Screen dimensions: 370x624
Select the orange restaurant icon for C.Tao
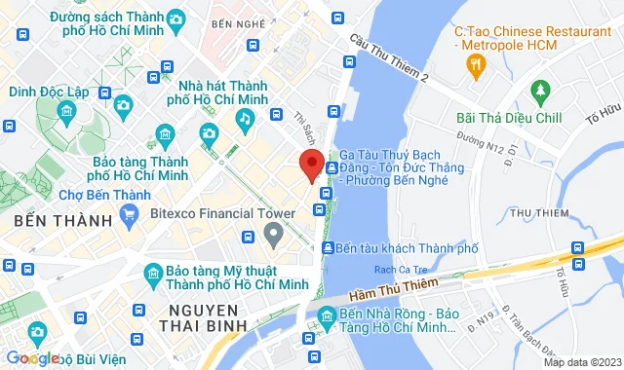pyautogui.click(x=476, y=66)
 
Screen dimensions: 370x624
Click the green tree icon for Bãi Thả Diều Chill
pyautogui.click(x=541, y=92)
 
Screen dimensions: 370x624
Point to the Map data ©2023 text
pyautogui.click(x=582, y=362)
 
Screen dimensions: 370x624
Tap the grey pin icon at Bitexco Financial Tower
pyautogui.click(x=274, y=231)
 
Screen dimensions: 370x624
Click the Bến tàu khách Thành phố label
pyautogui.click(x=406, y=248)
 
